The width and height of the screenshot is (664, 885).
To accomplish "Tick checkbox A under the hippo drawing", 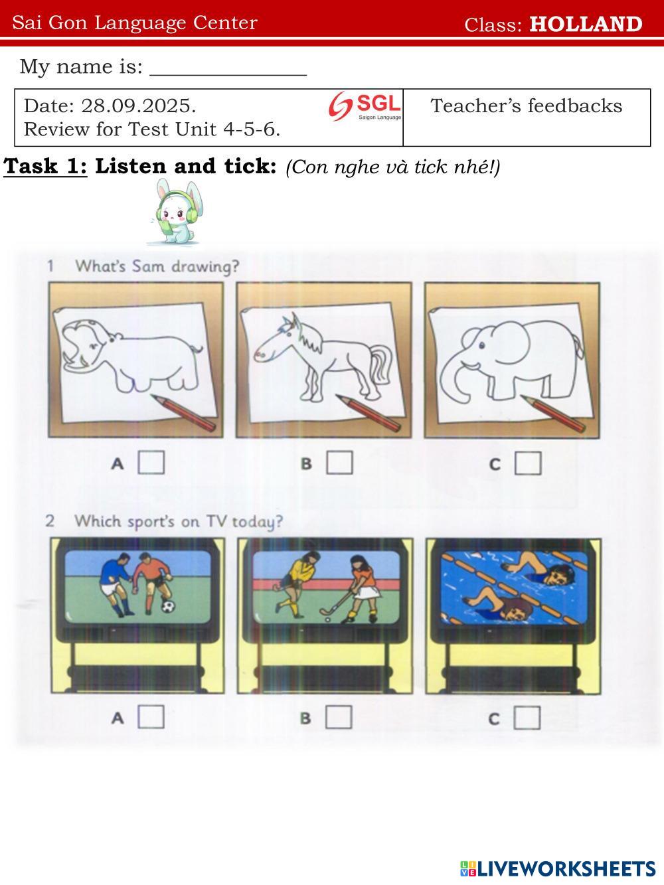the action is [151, 462].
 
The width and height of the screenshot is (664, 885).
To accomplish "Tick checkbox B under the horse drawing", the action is [339, 462].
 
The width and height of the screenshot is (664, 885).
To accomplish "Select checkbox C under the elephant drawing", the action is [528, 463].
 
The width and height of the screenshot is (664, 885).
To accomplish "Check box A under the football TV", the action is [151, 716].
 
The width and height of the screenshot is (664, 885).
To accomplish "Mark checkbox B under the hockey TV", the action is [339, 717].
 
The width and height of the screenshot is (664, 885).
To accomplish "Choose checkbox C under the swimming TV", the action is [527, 718].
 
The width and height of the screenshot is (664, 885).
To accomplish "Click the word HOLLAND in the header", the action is [586, 24].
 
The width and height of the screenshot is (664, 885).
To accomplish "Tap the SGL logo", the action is [365, 106].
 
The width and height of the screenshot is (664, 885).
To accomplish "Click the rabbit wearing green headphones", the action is [176, 212].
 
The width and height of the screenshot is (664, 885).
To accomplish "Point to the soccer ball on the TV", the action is [168, 606].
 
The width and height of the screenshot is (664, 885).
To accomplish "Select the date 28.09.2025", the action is [138, 106].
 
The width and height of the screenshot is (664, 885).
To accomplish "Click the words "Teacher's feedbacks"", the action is [526, 106].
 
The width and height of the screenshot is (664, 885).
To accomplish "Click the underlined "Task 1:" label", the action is [45, 166].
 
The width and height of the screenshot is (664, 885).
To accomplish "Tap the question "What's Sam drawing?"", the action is [157, 266].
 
